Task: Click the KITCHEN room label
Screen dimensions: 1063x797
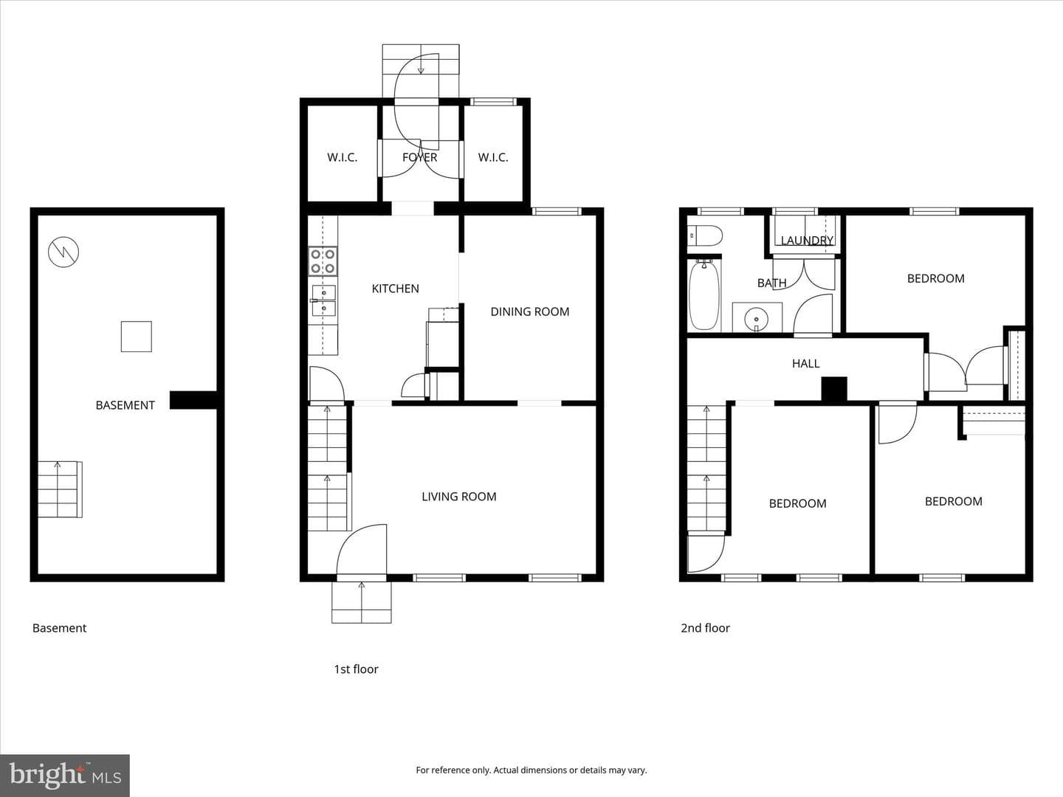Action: click(395, 289)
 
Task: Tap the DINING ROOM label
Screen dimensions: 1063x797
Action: click(530, 311)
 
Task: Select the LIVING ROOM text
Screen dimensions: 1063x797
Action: click(458, 497)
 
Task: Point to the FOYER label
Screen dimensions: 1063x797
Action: click(419, 157)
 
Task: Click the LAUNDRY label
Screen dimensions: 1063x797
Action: click(807, 240)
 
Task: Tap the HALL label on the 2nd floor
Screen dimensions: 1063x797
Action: click(806, 363)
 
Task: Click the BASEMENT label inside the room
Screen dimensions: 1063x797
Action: click(125, 405)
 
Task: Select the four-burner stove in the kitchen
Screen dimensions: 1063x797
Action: click(323, 261)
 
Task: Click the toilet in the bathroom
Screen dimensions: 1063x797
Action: click(705, 236)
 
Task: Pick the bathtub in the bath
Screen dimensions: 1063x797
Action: click(704, 295)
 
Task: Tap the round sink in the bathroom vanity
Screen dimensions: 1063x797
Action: click(756, 320)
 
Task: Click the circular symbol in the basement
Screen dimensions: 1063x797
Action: click(63, 252)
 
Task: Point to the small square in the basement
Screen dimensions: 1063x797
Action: click(136, 337)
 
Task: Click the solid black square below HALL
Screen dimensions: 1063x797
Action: click(834, 389)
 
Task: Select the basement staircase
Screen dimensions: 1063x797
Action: click(60, 489)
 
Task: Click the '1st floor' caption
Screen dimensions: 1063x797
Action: click(356, 669)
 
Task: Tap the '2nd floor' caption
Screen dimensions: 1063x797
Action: click(705, 628)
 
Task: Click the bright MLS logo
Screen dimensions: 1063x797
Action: click(65, 775)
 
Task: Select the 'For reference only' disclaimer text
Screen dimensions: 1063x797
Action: click(531, 770)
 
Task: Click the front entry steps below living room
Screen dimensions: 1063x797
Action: click(361, 602)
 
